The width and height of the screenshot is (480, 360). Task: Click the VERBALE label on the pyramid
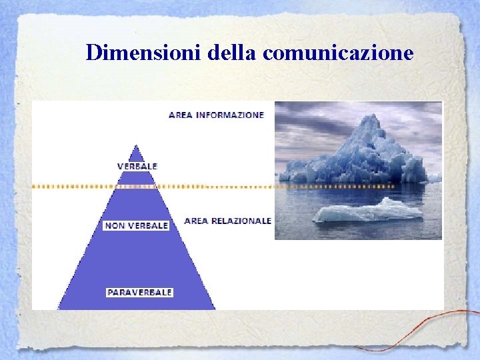pos(137,165)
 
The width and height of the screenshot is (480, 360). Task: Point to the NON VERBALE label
pos(137,225)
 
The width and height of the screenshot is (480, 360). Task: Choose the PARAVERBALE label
pos(140,292)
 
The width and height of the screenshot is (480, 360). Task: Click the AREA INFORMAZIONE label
pos(216,115)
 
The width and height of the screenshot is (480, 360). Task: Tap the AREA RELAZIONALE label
pos(227,221)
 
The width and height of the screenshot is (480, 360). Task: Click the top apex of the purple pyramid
pos(137,145)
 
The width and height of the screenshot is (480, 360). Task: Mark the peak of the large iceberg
pos(371,117)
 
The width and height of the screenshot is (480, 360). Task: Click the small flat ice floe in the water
pos(369,211)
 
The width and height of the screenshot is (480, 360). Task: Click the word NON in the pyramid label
pos(115,225)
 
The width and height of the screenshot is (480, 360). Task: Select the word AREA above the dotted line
pos(181,115)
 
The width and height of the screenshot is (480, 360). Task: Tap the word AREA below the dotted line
pos(196,221)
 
